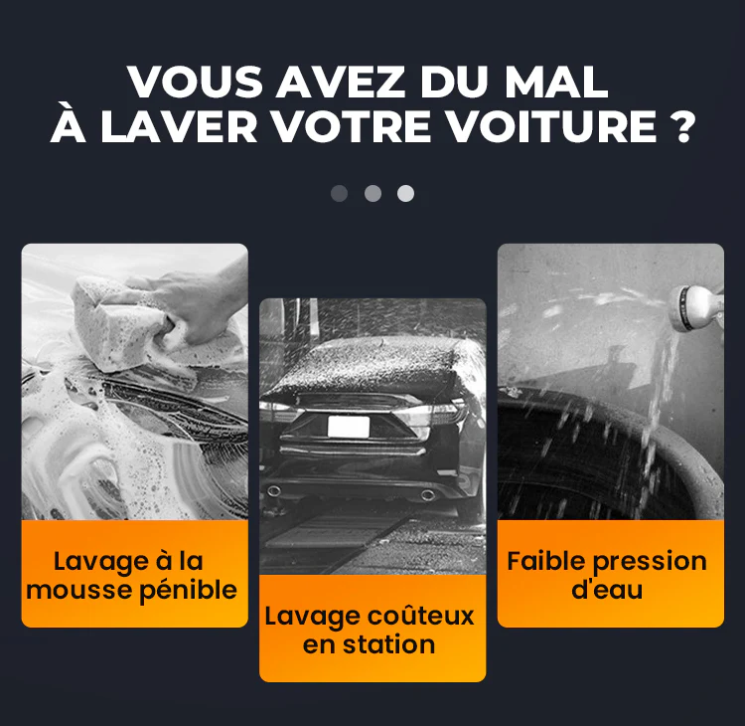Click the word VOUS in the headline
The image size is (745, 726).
pos(195,82)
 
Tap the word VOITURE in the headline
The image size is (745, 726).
pos(552,126)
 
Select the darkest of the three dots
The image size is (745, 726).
pos(340,194)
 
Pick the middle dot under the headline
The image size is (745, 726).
pos(372,194)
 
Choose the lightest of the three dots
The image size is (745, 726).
pos(405,194)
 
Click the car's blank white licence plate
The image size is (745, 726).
pos(349,427)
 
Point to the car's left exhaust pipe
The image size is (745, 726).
pos(274,490)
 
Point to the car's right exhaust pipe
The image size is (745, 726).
pos(427,495)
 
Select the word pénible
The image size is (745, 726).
pos(188,591)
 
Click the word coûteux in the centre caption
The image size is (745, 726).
pos(421,616)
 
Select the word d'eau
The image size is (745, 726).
pos(607,590)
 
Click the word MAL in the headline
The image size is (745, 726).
pos(557,82)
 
